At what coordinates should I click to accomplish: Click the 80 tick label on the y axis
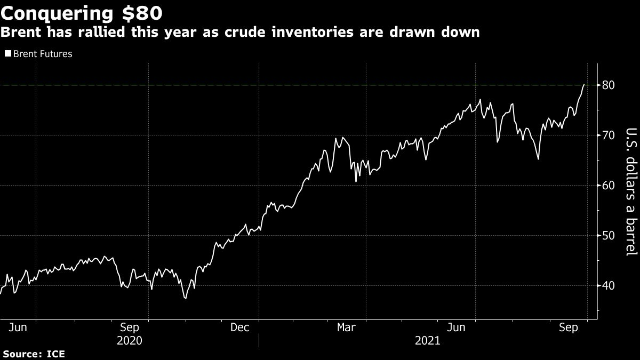609,85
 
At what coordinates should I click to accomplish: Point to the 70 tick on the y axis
609,135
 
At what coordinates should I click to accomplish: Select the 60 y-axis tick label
609,186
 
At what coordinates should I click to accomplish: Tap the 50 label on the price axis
609,236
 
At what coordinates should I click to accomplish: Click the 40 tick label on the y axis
609,286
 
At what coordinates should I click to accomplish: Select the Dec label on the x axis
241,328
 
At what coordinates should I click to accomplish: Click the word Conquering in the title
61,12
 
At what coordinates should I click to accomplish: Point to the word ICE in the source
56,354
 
